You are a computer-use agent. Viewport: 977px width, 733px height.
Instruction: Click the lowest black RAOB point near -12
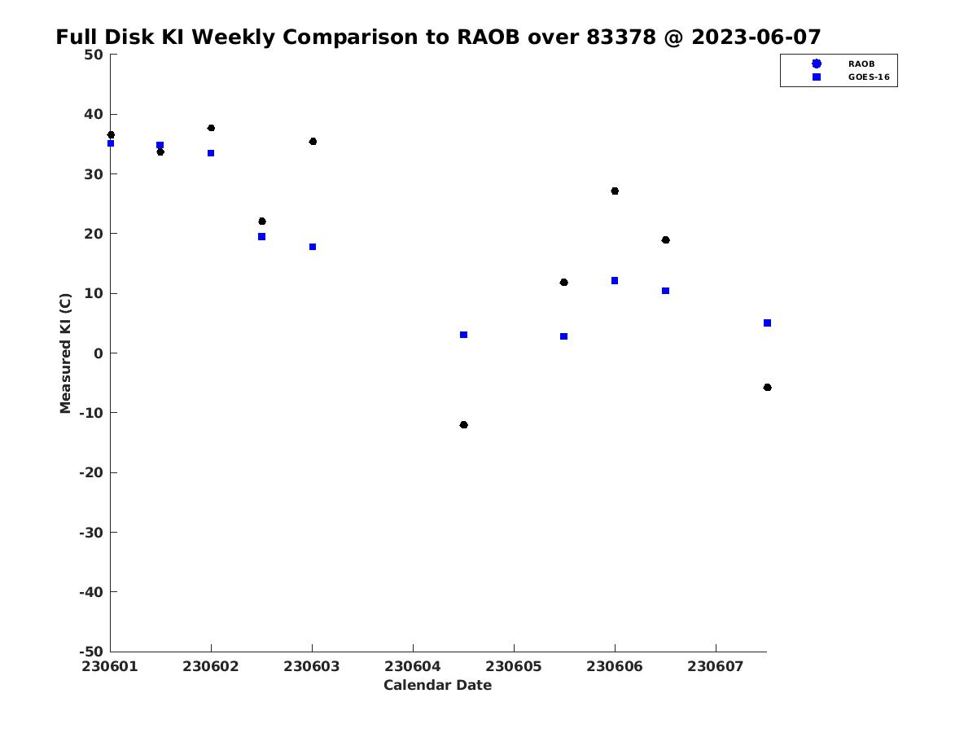[463, 425]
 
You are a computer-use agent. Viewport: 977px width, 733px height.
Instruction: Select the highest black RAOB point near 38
[211, 128]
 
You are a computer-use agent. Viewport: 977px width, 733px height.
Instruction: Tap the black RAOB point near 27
[615, 191]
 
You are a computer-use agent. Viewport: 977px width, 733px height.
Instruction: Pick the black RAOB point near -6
[768, 388]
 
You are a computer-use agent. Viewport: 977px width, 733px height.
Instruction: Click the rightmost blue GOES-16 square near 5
[768, 323]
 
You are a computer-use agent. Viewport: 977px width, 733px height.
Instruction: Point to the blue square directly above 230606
[615, 281]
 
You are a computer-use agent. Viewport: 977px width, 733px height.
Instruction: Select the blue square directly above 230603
[313, 247]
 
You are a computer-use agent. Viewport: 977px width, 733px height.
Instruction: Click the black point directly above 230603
[313, 142]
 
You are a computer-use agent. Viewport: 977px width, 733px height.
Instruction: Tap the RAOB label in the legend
[861, 64]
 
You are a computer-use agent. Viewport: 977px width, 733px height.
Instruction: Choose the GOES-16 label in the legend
[869, 77]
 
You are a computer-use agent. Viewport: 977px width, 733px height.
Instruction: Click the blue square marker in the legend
[817, 77]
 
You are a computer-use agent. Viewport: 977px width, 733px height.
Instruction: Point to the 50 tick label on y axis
[94, 55]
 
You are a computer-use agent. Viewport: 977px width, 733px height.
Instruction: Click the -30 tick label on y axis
[91, 533]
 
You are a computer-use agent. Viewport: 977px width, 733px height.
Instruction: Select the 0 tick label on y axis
[99, 353]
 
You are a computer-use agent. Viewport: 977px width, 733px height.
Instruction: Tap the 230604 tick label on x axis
[413, 667]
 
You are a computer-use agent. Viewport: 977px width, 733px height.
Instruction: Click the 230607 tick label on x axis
[716, 667]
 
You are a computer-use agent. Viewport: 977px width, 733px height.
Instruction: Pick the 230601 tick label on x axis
[110, 667]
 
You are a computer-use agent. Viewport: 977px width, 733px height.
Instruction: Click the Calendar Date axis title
[437, 685]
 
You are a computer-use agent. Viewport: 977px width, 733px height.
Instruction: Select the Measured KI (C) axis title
[65, 353]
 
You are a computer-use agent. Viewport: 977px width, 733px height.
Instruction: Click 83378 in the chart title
[621, 37]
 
